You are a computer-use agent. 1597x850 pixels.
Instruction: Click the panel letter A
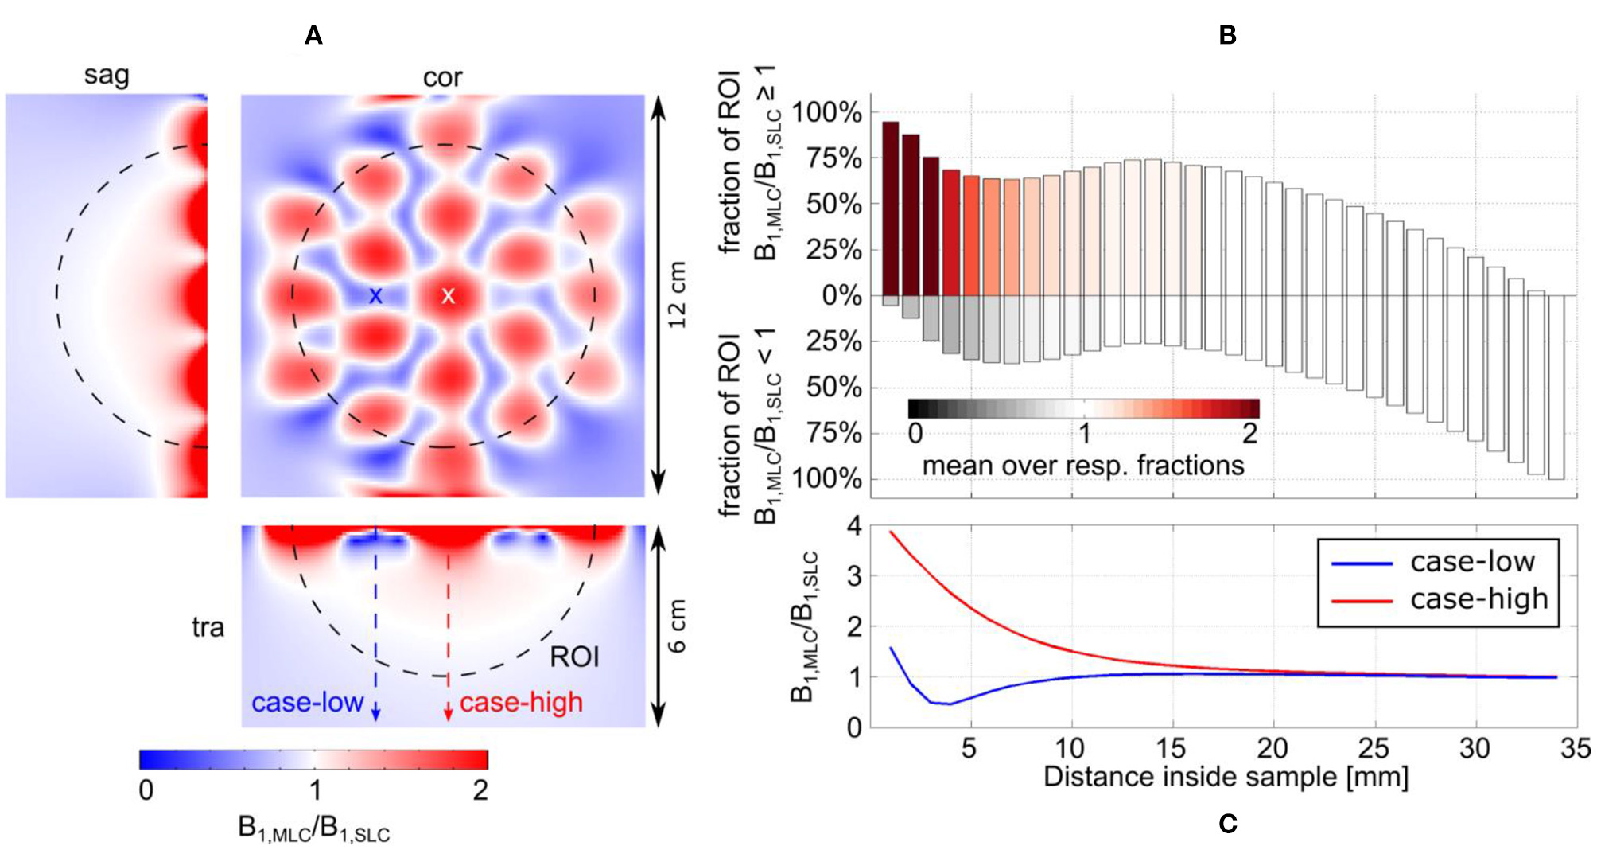pos(313,36)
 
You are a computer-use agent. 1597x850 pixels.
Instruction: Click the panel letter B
pos(1227,36)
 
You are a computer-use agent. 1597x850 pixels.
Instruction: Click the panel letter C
pos(1227,824)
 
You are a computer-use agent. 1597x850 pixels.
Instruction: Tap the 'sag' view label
pos(107,76)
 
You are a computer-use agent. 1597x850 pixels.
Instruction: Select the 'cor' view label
pos(442,77)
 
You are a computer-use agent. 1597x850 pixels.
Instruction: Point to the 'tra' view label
pos(208,627)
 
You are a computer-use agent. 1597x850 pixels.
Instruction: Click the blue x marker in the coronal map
pos(375,296)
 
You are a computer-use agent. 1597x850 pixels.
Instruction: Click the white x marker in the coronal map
pos(448,296)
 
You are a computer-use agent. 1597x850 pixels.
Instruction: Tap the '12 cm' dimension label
pos(676,294)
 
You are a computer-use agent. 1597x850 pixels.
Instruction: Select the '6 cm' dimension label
pos(676,626)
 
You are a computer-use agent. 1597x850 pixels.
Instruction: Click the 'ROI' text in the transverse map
pos(574,657)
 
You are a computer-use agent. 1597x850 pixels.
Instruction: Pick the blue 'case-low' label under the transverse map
pos(308,702)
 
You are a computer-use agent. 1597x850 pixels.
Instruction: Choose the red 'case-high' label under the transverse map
pos(521,702)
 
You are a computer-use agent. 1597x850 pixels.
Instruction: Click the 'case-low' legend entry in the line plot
pos(1472,562)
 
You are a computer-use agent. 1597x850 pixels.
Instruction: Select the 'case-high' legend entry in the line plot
pos(1478,599)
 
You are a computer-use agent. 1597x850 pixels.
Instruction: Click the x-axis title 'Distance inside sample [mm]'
pos(1226,777)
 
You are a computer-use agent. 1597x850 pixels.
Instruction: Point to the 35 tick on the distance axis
pos(1575,748)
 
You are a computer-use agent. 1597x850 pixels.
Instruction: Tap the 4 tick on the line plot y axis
pos(854,525)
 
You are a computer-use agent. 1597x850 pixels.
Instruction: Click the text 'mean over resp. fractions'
pos(1082,465)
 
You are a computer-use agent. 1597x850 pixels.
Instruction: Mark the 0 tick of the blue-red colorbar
pos(146,790)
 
